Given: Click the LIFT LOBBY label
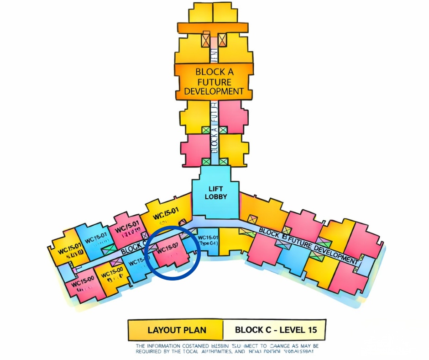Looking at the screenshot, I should tap(214, 192).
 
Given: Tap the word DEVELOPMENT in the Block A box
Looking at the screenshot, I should tap(214, 91).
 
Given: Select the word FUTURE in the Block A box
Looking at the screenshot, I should tap(214, 82).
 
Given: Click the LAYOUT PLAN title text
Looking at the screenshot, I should tap(177, 330).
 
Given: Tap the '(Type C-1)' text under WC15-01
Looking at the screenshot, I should tap(208, 243).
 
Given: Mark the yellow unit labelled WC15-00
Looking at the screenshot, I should tap(112, 276).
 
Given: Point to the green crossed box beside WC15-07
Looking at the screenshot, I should tap(110, 249).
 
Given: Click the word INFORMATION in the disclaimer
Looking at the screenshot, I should tap(169, 346).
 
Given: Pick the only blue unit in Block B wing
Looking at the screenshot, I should tap(291, 261).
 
